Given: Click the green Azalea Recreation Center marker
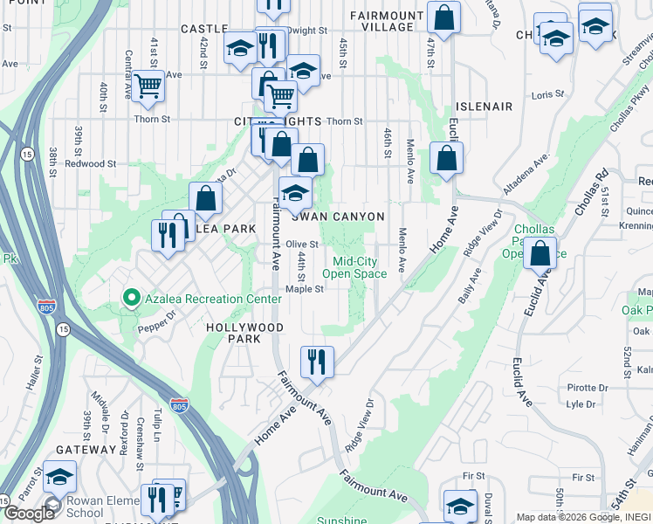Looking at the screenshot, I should coord(132,299).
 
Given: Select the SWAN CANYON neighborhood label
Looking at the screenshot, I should coord(344,217).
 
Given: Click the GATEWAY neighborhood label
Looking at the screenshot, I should coord(86,449).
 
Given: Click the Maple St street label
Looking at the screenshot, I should coord(305,290).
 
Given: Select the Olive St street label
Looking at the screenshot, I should coord(302,245).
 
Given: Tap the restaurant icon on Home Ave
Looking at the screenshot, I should coord(317,360).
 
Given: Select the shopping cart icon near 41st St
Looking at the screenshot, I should coord(148,86).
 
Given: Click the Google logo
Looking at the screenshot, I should coord(29,514).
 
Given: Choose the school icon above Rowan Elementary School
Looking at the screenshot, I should coord(60,476).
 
